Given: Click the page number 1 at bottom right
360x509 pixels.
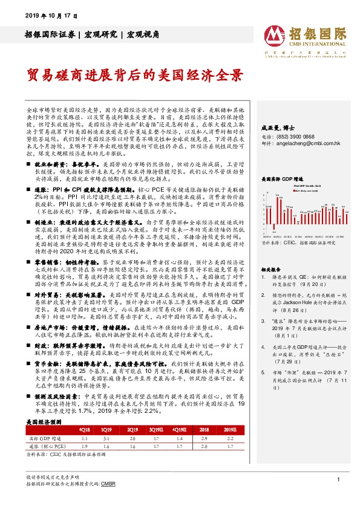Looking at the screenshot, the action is click(x=336, y=479).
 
